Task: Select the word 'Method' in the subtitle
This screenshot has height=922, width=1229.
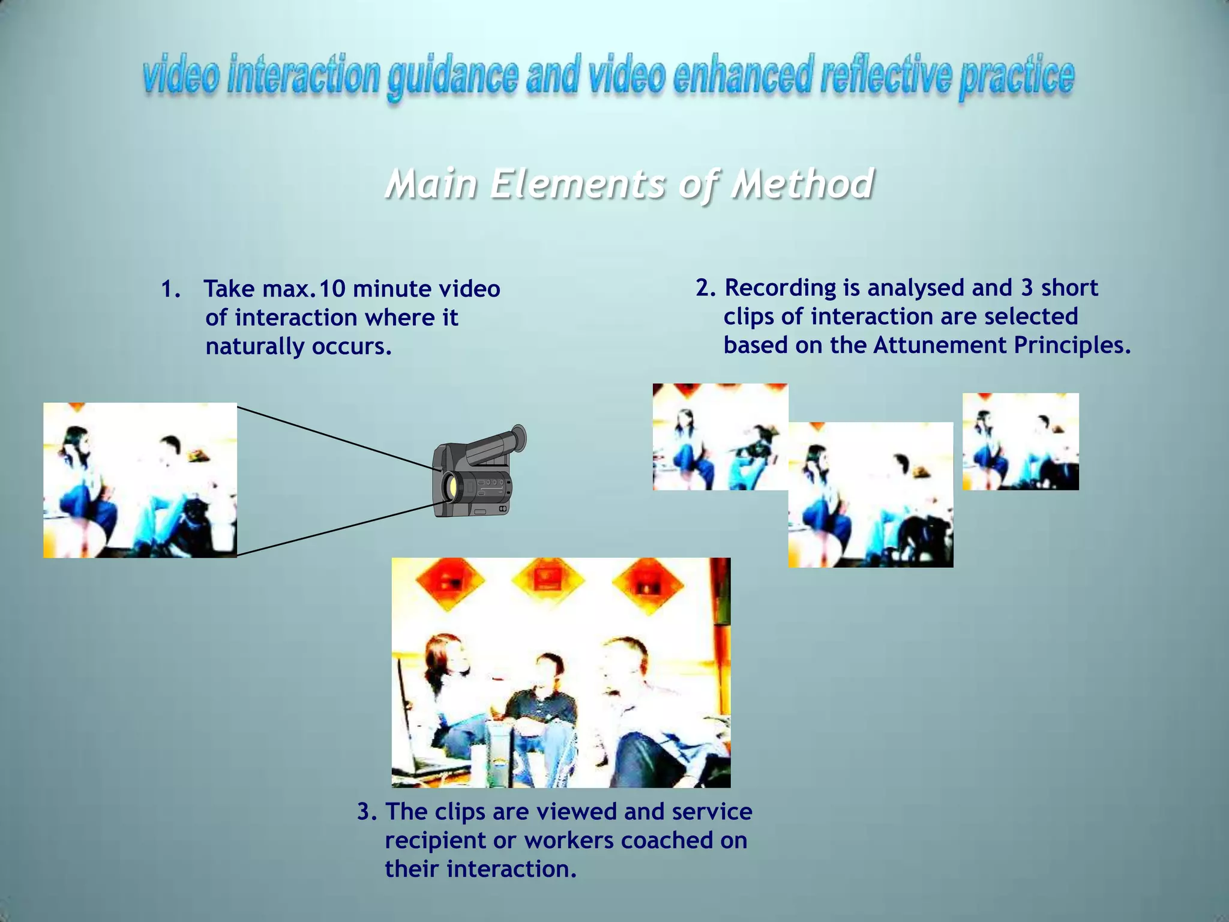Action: [802, 184]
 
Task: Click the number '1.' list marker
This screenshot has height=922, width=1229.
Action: [170, 289]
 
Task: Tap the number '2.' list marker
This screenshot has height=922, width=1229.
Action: [706, 288]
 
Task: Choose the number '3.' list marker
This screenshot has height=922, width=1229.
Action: [367, 812]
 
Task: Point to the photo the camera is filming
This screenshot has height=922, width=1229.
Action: [140, 480]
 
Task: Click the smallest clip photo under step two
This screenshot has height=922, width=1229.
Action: [1020, 441]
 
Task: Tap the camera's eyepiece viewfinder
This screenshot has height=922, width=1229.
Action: [517, 438]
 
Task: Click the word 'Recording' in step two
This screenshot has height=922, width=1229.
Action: [780, 288]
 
